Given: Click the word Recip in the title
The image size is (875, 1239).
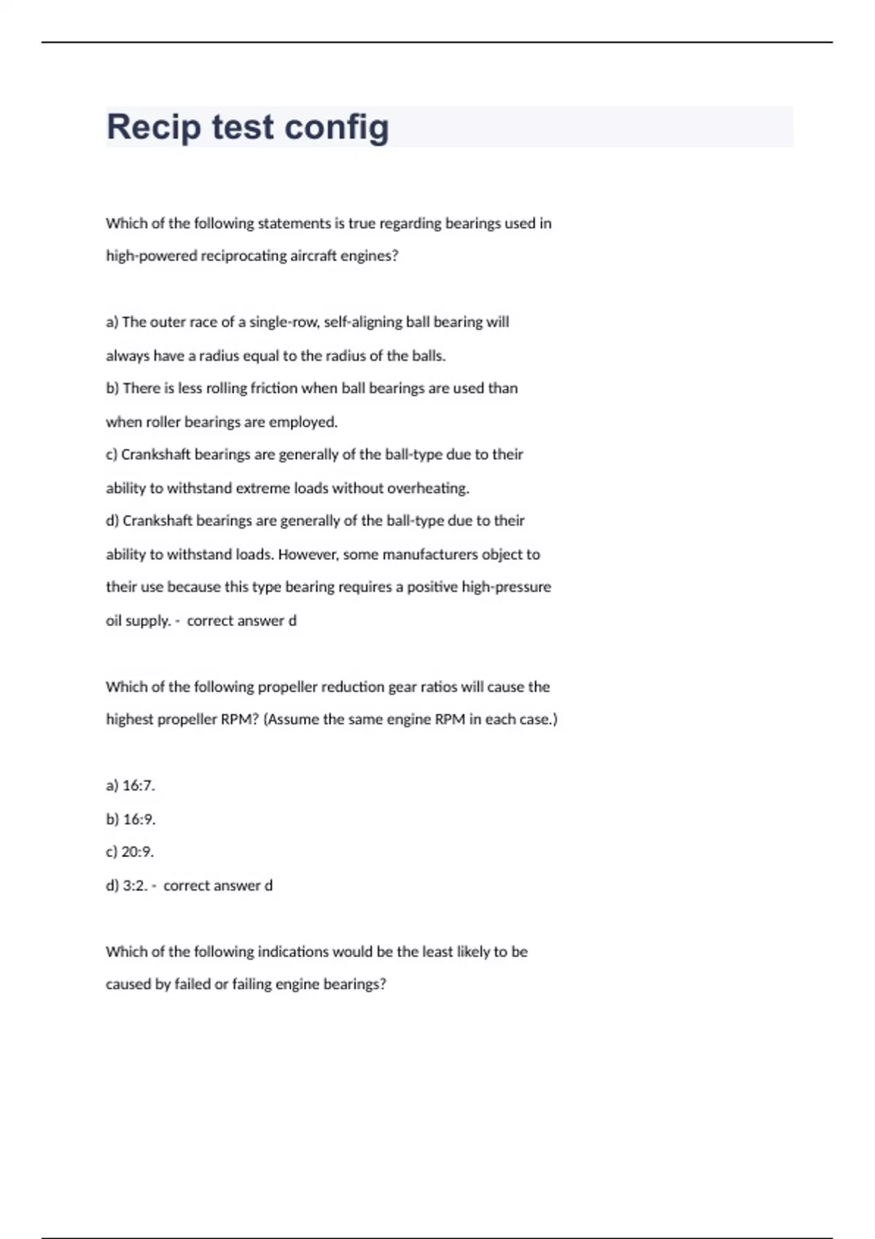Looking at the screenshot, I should [153, 127].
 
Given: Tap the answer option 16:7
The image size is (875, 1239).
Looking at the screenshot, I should [138, 786].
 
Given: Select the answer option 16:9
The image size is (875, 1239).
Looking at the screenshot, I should [139, 819].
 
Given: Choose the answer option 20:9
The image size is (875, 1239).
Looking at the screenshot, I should [137, 852].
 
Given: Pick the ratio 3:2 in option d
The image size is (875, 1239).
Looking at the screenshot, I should [135, 886].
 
